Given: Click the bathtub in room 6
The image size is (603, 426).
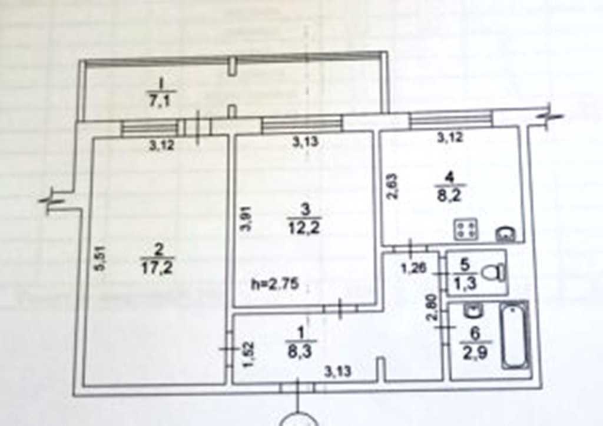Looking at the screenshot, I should [x=515, y=336].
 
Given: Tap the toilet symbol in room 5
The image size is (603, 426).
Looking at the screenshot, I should [x=493, y=272].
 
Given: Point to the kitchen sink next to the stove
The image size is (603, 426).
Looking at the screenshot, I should [x=505, y=235].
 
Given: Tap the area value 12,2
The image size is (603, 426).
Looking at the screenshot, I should [x=304, y=227].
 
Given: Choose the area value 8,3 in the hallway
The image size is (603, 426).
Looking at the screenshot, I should [x=301, y=350].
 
